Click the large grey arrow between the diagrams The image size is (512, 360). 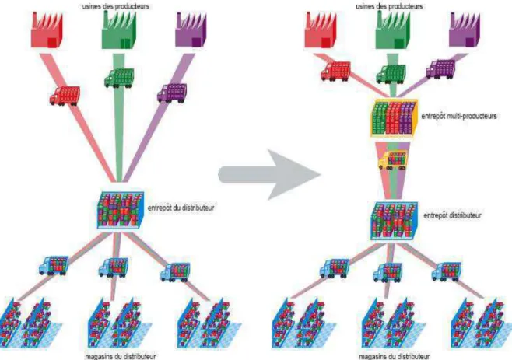point(268,175)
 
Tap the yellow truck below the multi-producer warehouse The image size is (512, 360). point(393,159)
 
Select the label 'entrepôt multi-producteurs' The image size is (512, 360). point(459,116)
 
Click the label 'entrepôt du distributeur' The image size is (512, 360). point(181,208)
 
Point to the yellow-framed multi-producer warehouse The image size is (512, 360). point(395,118)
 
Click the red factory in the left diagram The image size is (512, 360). point(47,30)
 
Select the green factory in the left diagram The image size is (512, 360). point(119,30)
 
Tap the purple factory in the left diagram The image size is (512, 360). point(191,30)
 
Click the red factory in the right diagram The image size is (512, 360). point(321,30)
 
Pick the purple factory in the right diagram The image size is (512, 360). point(465,30)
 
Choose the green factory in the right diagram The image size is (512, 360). point(392,30)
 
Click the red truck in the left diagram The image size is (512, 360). point(65,96)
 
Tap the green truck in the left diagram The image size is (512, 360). point(119,78)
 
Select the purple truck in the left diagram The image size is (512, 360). point(172,93)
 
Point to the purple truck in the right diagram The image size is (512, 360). point(440,69)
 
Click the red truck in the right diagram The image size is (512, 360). point(335,71)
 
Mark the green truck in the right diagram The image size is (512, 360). point(391,74)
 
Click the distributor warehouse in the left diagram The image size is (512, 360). point(120,210)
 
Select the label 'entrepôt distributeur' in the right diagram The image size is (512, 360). point(452,215)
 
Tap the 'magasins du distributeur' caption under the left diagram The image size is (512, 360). point(121,356)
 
